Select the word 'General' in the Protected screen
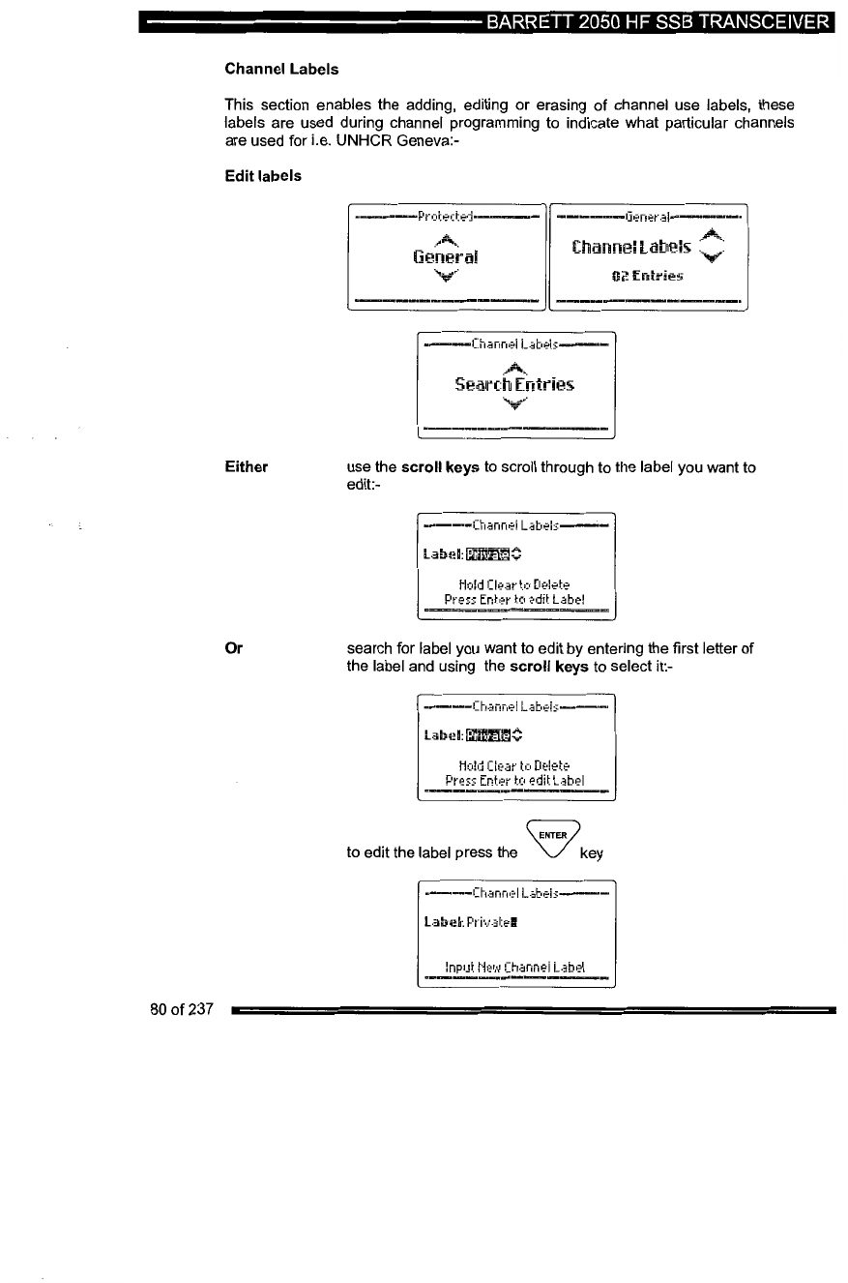click(x=445, y=258)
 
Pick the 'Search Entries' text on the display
click(x=514, y=384)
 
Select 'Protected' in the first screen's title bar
click(x=446, y=216)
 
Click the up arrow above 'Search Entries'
click(x=514, y=364)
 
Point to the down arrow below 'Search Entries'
click(x=514, y=404)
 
